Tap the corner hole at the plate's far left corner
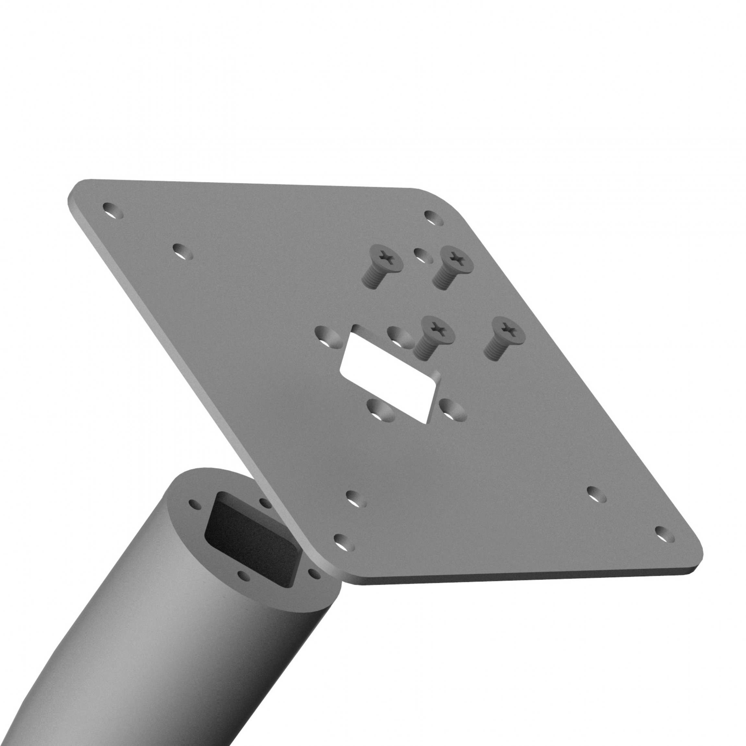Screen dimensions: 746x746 point(113,211)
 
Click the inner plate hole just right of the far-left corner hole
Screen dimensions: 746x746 point(182,251)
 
